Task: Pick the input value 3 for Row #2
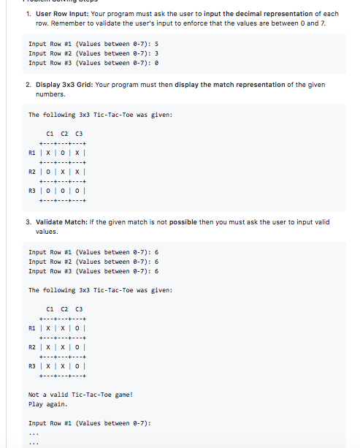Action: [x=157, y=53]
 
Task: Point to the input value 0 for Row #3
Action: [x=157, y=63]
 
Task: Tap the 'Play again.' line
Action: [x=47, y=404]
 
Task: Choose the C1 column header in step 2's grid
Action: [x=50, y=133]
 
